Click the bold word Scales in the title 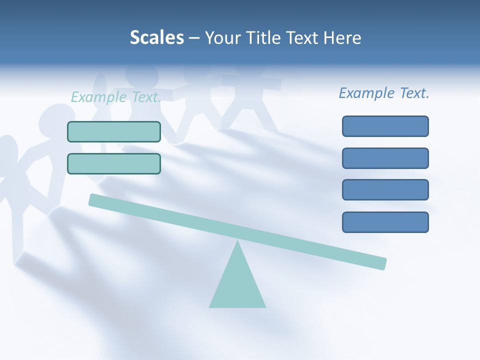tap(156, 37)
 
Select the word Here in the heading tap(342, 37)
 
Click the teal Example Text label tap(116, 97)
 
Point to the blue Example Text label tap(384, 93)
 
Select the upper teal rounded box tap(114, 131)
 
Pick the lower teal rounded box tap(114, 163)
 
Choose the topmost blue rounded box tap(385, 126)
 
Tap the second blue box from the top tap(385, 158)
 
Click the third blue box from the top tap(385, 190)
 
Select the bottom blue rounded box tap(385, 222)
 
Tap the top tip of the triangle tap(238, 242)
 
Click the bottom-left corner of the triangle tap(210, 306)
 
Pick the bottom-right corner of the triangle tap(264, 306)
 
